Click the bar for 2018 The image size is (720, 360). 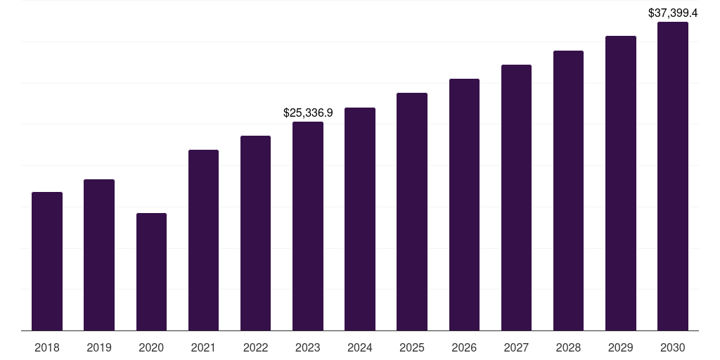pyautogui.click(x=47, y=261)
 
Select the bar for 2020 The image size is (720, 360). pyautogui.click(x=151, y=271)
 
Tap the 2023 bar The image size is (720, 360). pyautogui.click(x=308, y=226)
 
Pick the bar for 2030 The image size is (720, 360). pyautogui.click(x=673, y=176)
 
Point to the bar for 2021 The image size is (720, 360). pyautogui.click(x=203, y=240)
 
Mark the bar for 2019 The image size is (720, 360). pyautogui.click(x=99, y=255)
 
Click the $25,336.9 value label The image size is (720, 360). pyautogui.click(x=308, y=112)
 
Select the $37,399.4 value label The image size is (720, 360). pyautogui.click(x=673, y=13)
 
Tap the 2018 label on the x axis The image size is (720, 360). pyautogui.click(x=47, y=347)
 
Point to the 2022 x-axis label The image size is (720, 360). pyautogui.click(x=255, y=347)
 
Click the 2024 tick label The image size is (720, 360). pyautogui.click(x=360, y=347)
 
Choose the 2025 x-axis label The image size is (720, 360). pyautogui.click(x=412, y=347)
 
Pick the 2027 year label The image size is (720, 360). pyautogui.click(x=516, y=347)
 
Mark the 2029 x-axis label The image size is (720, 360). pyautogui.click(x=620, y=347)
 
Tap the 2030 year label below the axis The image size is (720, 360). pyautogui.click(x=673, y=347)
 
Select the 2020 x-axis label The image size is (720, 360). pyautogui.click(x=151, y=347)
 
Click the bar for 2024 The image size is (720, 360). pyautogui.click(x=360, y=219)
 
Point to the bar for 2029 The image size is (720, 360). pyautogui.click(x=620, y=183)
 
